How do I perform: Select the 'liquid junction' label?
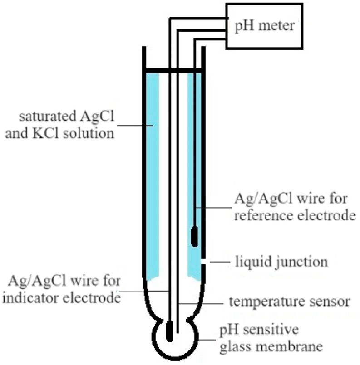tap(281, 262)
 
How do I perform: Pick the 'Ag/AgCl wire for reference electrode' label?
tap(293, 207)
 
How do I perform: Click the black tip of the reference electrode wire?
tap(194, 236)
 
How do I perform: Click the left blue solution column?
tap(152, 172)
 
